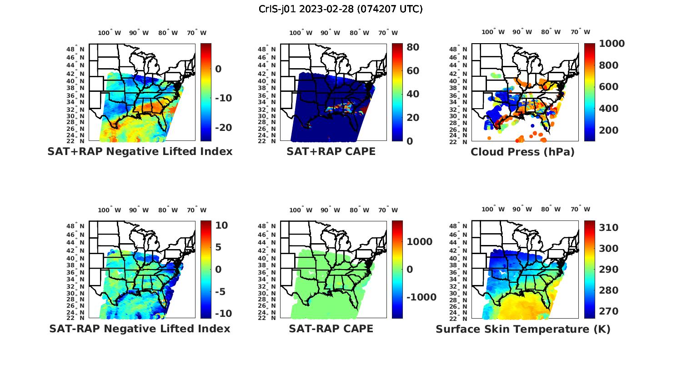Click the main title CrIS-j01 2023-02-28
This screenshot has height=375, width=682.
pos(341,9)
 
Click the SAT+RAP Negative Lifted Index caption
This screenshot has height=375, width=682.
pos(140,151)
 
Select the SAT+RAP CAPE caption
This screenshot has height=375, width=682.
pos(331,151)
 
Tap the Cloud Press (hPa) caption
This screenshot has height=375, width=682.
pos(522,152)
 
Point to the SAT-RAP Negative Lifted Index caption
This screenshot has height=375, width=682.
pos(140,329)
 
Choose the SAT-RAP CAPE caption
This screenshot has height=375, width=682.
pos(331,329)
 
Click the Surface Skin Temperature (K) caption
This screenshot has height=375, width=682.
pos(523,329)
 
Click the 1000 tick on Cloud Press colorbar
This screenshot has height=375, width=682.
pos(612,44)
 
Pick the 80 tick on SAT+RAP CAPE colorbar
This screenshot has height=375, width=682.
pos(413,47)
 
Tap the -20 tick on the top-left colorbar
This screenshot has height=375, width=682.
pos(223,128)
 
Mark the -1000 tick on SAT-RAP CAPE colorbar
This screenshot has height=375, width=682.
pos(421,297)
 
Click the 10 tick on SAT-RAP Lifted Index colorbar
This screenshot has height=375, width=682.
pos(221,225)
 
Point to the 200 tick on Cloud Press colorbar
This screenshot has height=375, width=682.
pos(609,130)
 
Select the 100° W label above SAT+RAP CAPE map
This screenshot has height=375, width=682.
pos(301,33)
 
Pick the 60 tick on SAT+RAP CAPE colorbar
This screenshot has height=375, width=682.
pos(413,71)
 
